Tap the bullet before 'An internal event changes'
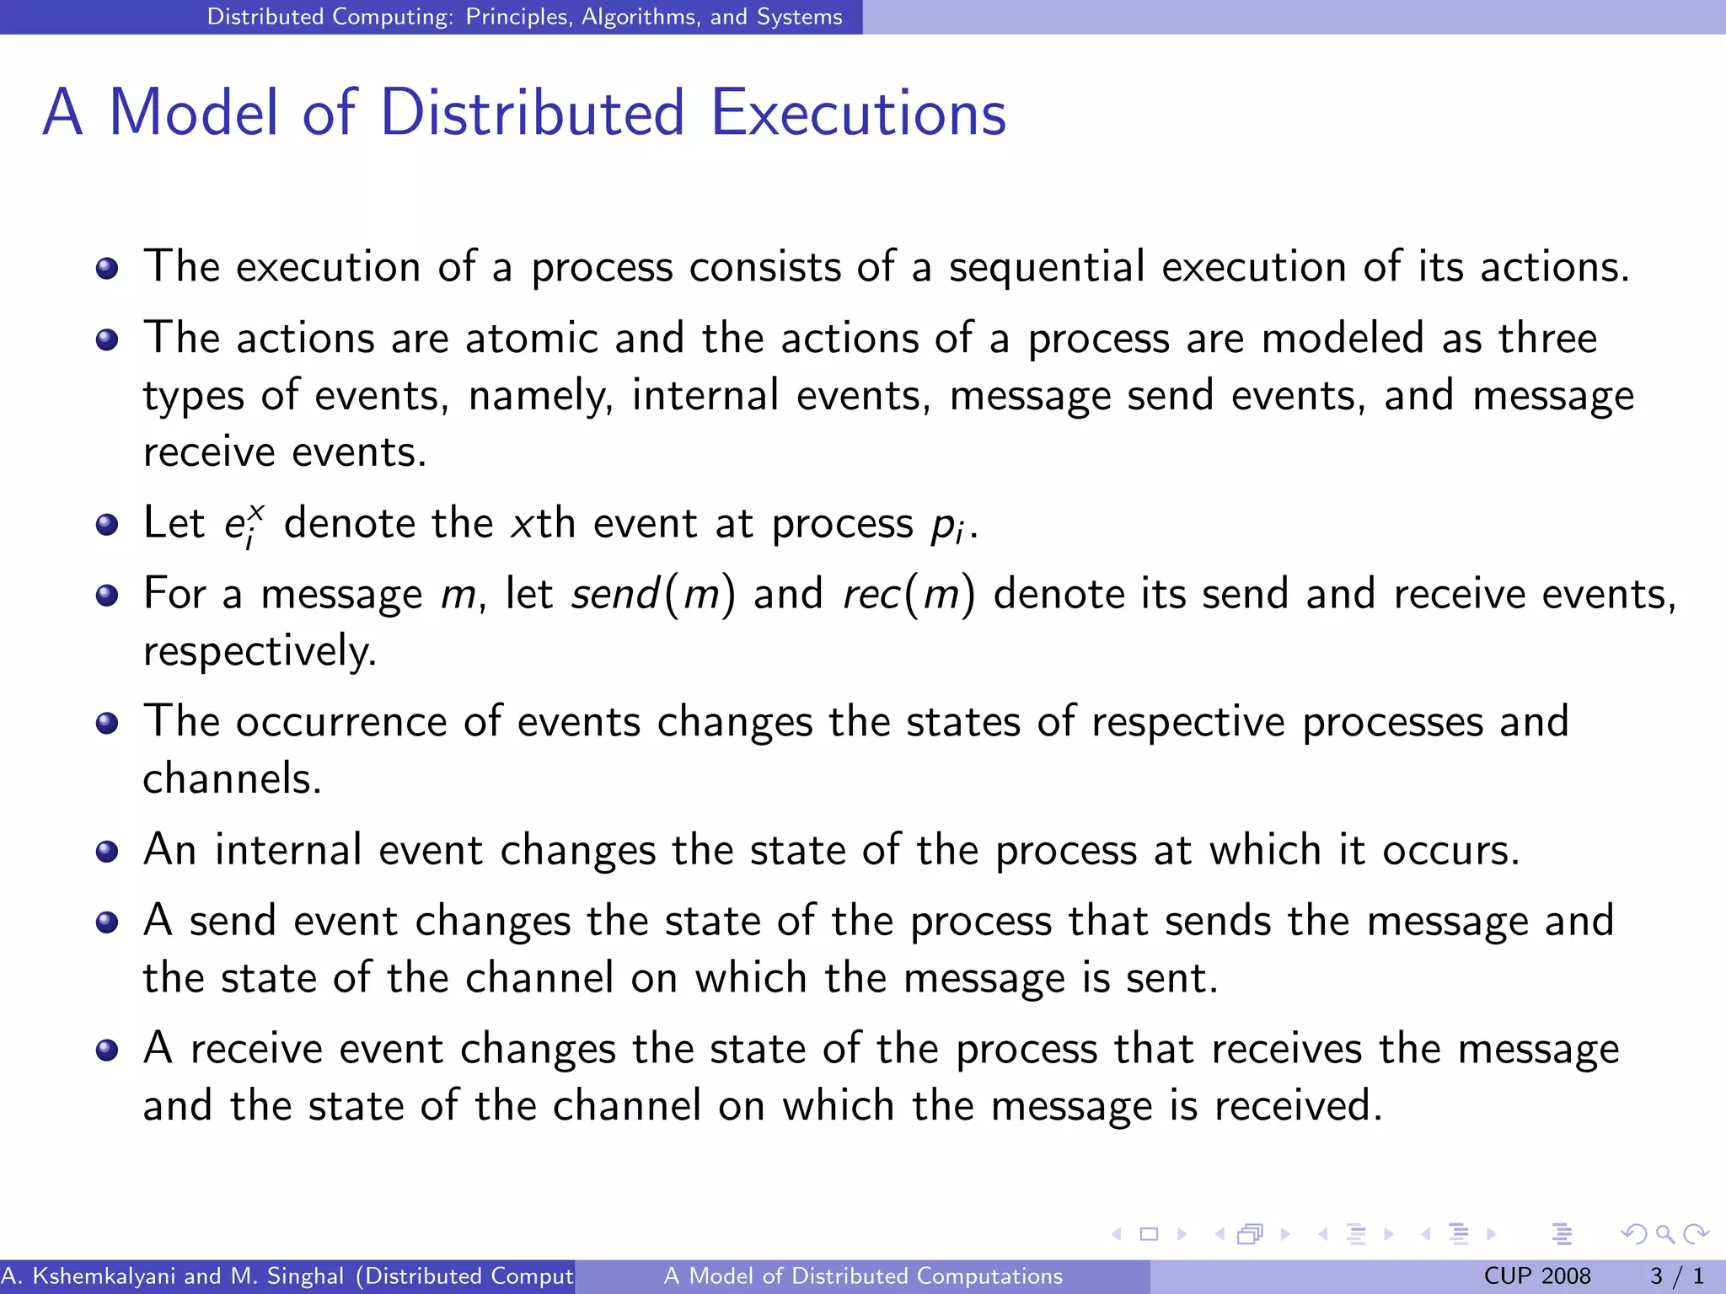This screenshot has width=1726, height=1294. click(107, 852)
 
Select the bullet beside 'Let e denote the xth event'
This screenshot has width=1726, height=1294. click(107, 526)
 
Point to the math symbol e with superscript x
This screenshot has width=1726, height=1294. click(244, 525)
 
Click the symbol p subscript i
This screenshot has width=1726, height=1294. click(947, 526)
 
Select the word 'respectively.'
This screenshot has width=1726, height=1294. click(260, 651)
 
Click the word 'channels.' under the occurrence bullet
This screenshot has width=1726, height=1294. click(232, 778)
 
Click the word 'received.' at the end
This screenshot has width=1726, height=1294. click(1298, 1105)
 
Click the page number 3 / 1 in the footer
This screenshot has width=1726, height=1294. click(1676, 1276)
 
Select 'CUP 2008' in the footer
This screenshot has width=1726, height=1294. click(1536, 1276)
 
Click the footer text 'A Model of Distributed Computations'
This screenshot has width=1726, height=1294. click(863, 1276)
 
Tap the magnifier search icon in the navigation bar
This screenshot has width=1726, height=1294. click(1664, 1234)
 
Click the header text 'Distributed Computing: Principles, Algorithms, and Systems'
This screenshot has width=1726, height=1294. click(524, 17)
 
